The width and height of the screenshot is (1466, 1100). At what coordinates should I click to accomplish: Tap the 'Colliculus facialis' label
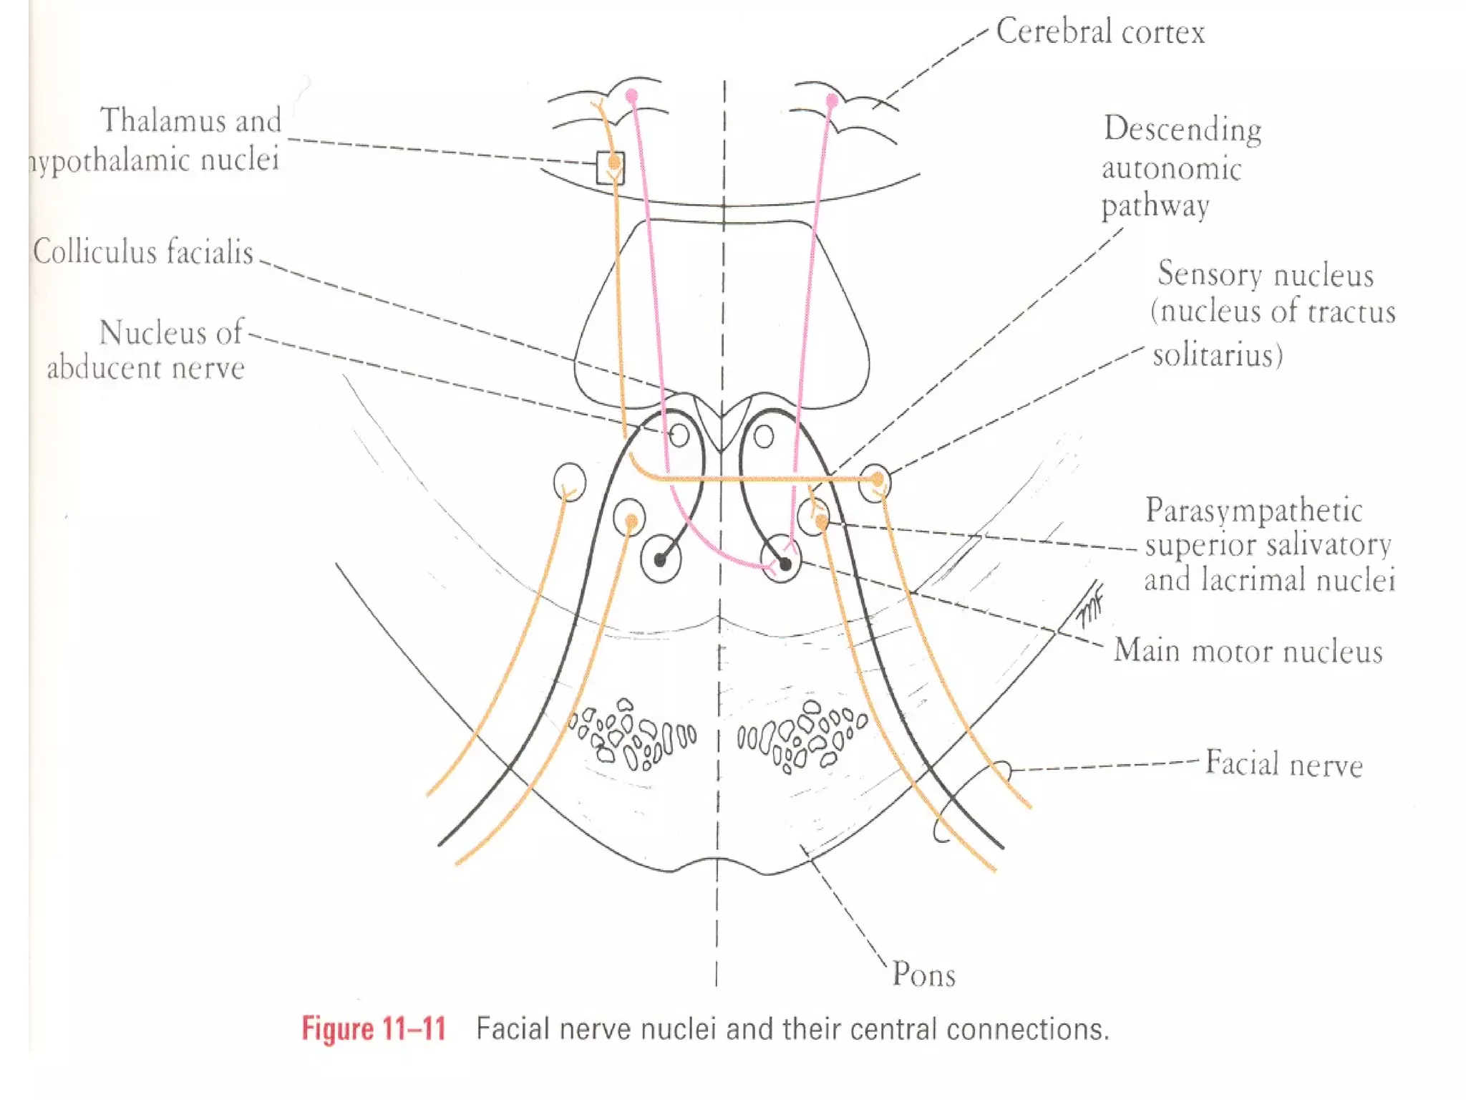tap(143, 252)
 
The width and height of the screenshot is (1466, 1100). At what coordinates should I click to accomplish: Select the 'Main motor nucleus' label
tap(1248, 651)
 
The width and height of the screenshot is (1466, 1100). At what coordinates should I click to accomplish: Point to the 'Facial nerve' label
tap(1283, 763)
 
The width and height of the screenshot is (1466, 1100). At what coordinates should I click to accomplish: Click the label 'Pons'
tap(923, 975)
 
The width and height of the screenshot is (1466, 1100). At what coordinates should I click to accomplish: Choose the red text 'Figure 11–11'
tap(374, 1028)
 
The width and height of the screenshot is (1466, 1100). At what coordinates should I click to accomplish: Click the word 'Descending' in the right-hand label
tap(1183, 130)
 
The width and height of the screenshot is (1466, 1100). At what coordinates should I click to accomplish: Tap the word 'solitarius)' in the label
tap(1218, 355)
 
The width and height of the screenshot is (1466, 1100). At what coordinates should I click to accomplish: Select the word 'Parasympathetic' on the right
tap(1254, 511)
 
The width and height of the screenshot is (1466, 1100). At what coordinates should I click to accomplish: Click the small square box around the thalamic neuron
tap(610, 168)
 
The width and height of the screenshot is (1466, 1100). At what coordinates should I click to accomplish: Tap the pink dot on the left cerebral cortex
tap(631, 95)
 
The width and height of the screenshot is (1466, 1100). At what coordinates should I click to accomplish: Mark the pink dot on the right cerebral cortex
tap(832, 100)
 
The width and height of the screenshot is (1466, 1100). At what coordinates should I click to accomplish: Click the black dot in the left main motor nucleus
tap(660, 559)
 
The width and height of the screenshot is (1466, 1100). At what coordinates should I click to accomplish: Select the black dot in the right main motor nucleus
tap(785, 564)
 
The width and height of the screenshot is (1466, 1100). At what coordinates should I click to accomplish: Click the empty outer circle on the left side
tap(570, 481)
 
